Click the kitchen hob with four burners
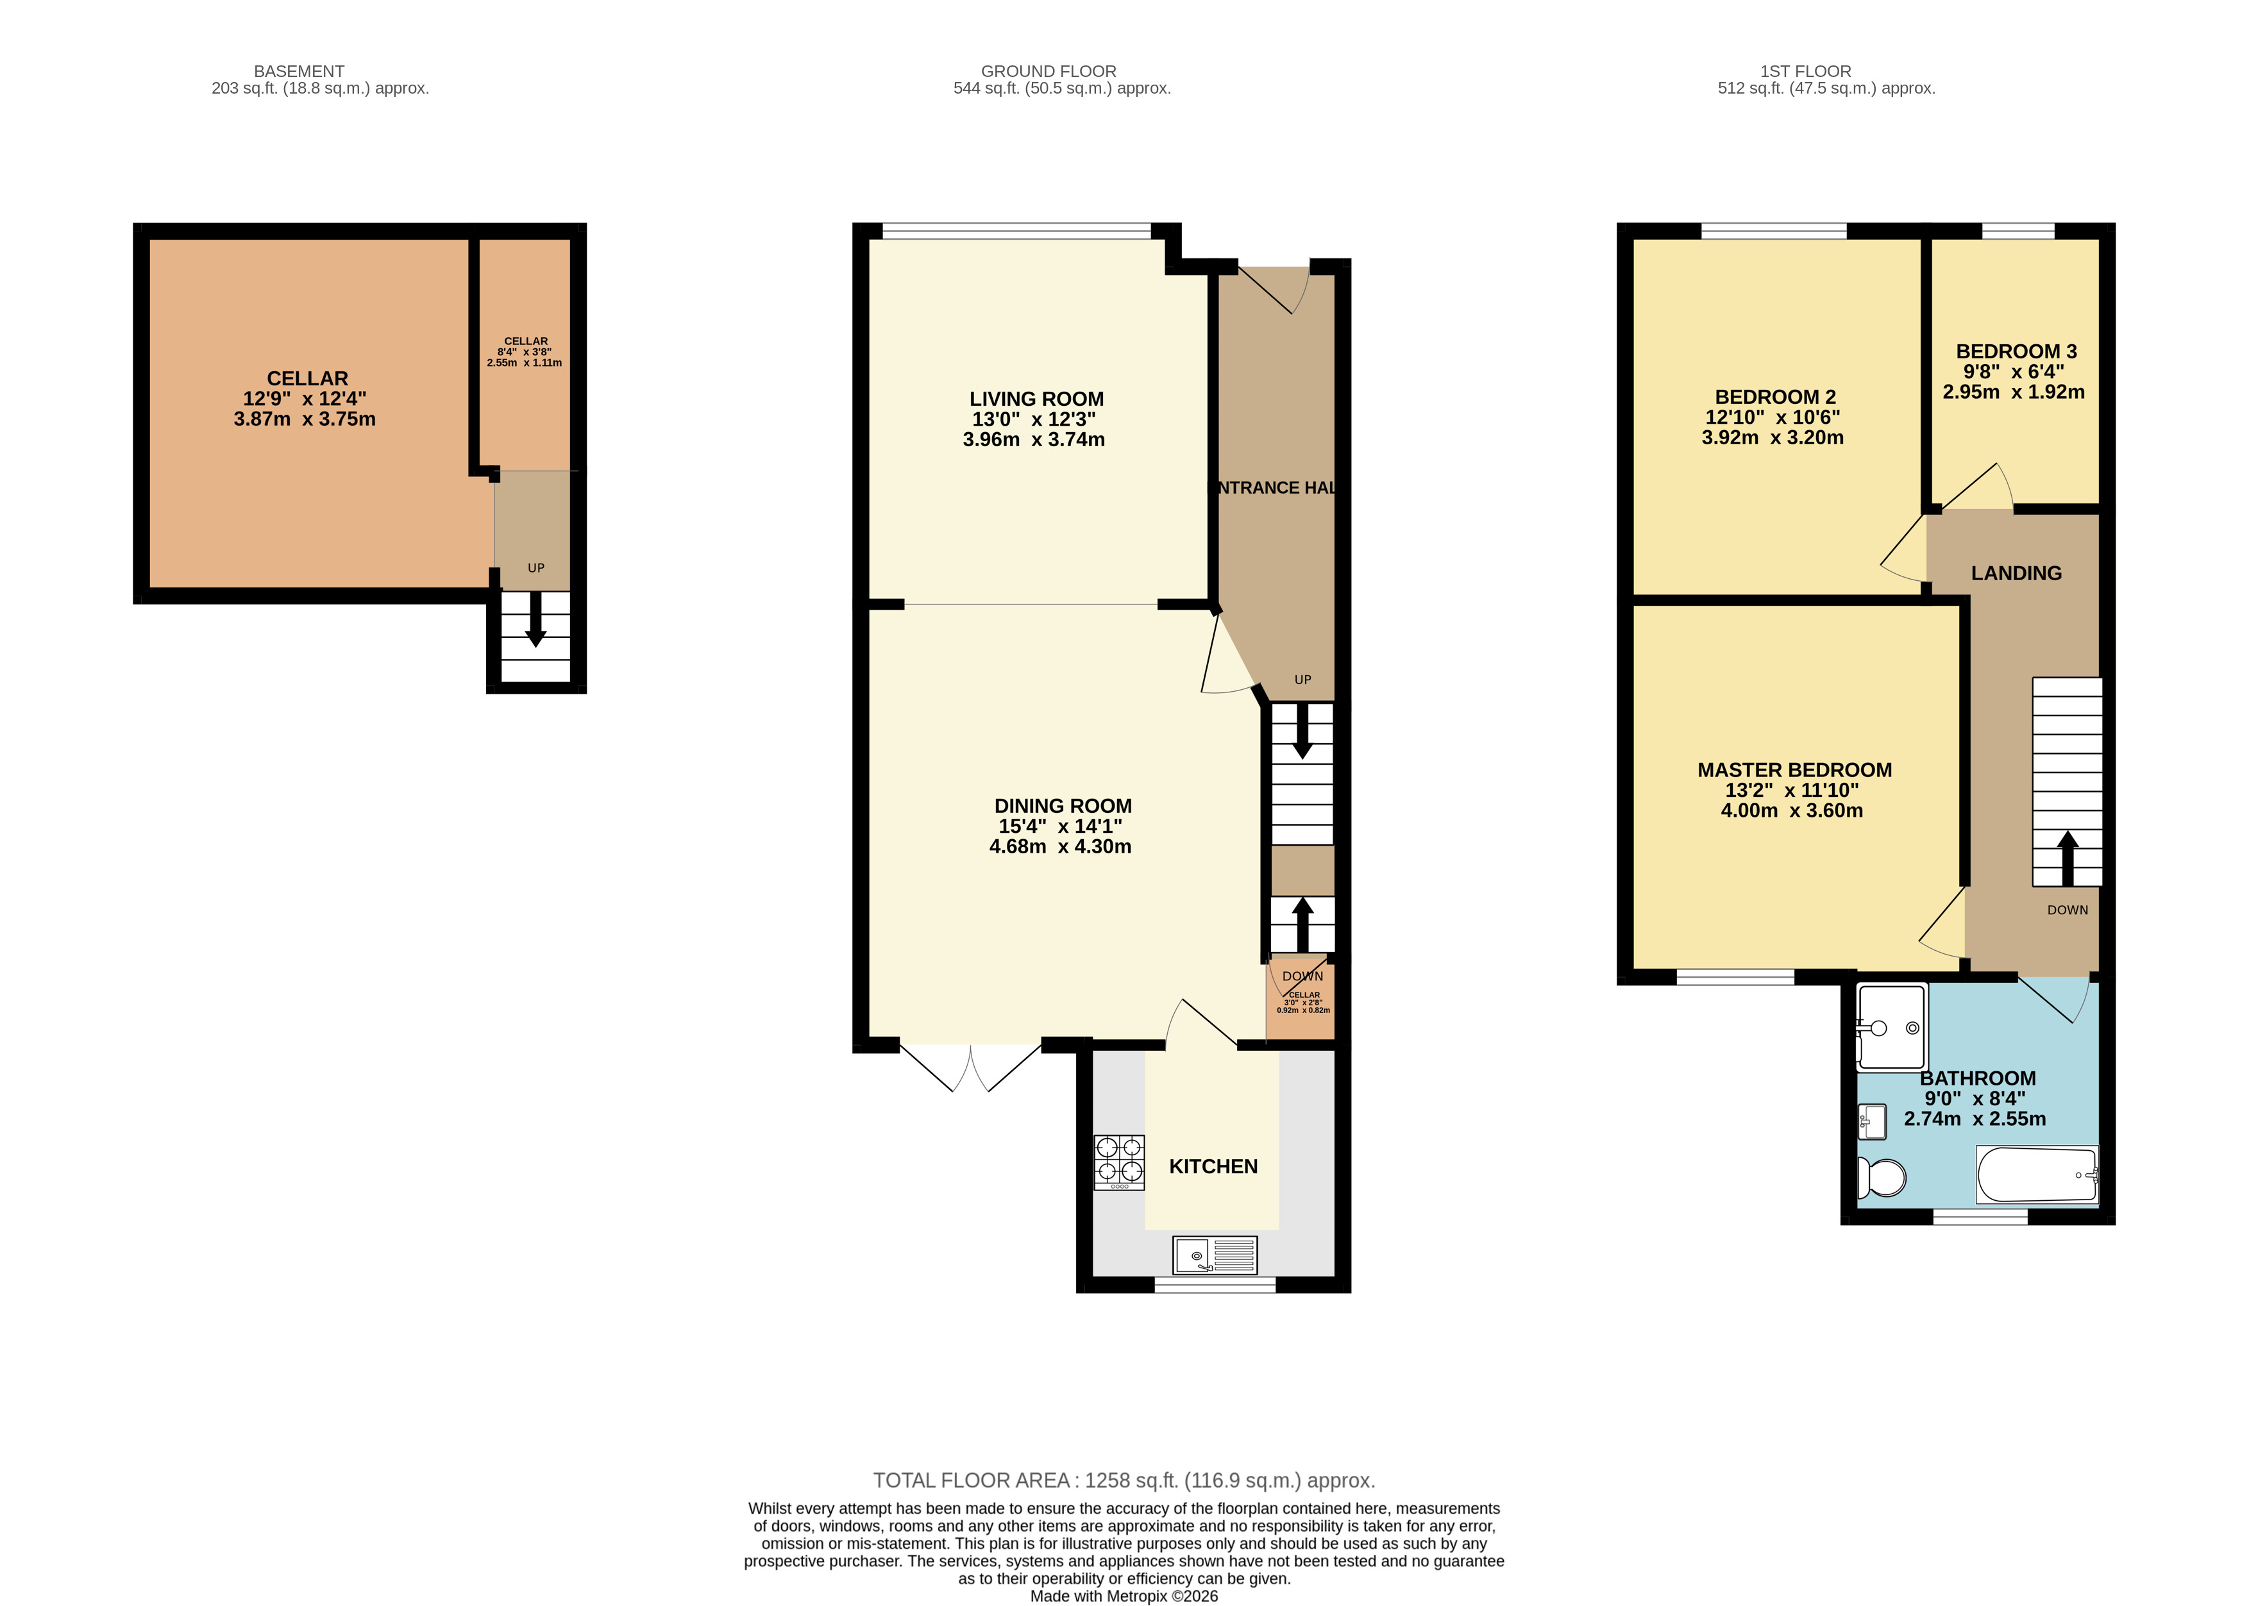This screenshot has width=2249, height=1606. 1118,1162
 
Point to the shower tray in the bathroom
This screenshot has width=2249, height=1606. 1892,1028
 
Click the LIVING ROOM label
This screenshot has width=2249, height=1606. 1036,399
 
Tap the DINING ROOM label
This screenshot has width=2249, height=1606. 1063,806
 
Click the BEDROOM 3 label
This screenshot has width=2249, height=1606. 2017,351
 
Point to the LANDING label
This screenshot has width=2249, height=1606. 2017,574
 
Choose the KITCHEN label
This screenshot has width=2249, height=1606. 1213,1167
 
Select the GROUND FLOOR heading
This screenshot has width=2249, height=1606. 1049,71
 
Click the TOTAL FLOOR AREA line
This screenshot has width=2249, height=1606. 1125,1480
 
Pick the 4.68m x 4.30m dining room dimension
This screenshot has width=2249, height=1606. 1060,846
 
